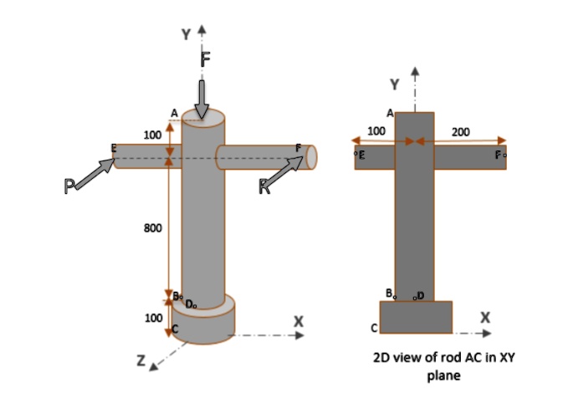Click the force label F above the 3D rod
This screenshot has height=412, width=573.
pyautogui.click(x=206, y=58)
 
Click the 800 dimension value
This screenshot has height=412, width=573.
pyautogui.click(x=152, y=227)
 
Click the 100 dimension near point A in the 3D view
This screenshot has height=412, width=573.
pyautogui.click(x=152, y=135)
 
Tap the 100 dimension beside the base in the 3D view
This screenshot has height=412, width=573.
pyautogui.click(x=153, y=318)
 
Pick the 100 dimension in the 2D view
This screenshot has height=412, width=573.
pyautogui.click(x=376, y=131)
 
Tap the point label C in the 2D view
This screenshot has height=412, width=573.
pyautogui.click(x=374, y=327)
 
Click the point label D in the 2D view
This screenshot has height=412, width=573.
pyautogui.click(x=420, y=295)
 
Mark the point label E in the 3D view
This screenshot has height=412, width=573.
pyautogui.click(x=113, y=148)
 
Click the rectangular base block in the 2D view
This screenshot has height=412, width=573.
pyautogui.click(x=416, y=316)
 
